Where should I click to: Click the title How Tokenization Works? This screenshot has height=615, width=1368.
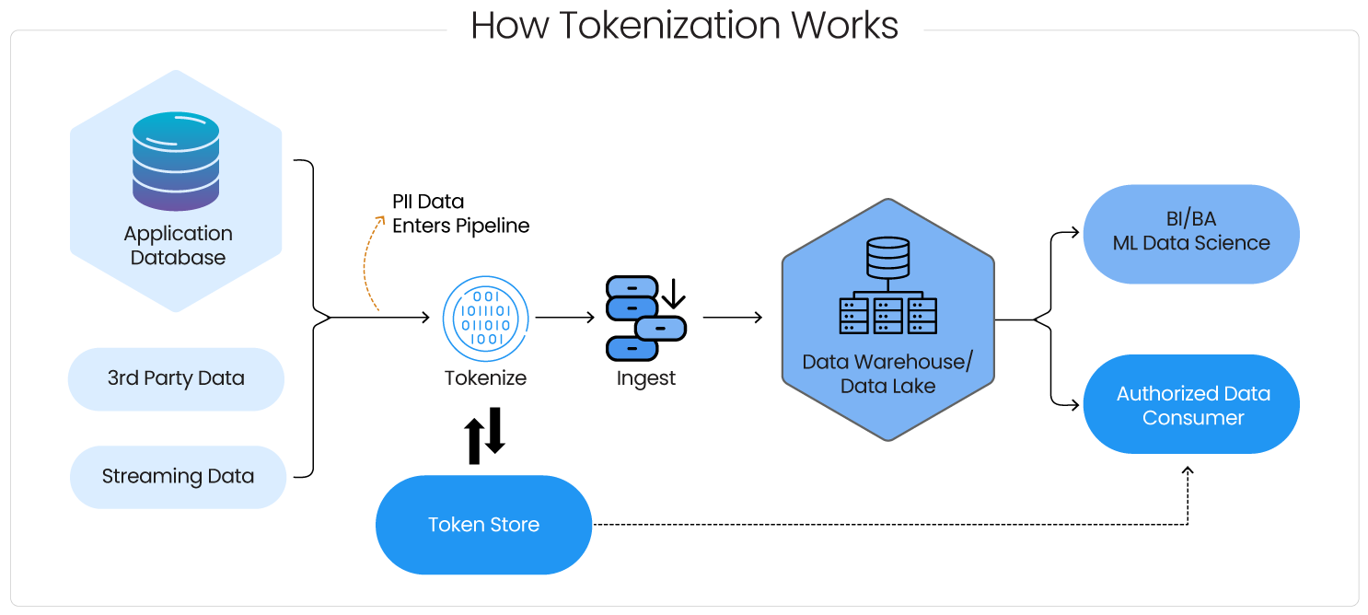tap(684, 26)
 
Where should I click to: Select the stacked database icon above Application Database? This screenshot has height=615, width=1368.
tap(176, 161)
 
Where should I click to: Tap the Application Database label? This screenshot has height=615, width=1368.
tap(178, 246)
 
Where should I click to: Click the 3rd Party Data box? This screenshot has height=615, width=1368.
tap(176, 378)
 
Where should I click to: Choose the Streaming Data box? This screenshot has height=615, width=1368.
tap(178, 477)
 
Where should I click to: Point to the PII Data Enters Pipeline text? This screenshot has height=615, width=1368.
tap(460, 214)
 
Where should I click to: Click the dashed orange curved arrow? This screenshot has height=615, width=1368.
tap(371, 262)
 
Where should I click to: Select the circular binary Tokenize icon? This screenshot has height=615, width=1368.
tap(485, 319)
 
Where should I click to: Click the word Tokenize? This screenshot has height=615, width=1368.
tap(485, 378)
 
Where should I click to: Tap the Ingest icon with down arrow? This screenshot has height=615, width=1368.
tap(645, 319)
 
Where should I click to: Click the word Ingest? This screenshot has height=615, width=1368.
tap(645, 378)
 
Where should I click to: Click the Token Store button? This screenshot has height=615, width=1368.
tap(483, 525)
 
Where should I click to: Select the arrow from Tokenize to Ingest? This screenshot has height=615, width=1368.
tap(565, 319)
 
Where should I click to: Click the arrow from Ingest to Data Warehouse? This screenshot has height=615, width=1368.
tap(733, 319)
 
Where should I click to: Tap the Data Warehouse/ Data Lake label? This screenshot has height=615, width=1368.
tap(887, 374)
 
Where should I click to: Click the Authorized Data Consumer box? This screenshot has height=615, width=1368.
tap(1191, 405)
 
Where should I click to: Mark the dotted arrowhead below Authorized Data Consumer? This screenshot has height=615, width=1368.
tap(1188, 471)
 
